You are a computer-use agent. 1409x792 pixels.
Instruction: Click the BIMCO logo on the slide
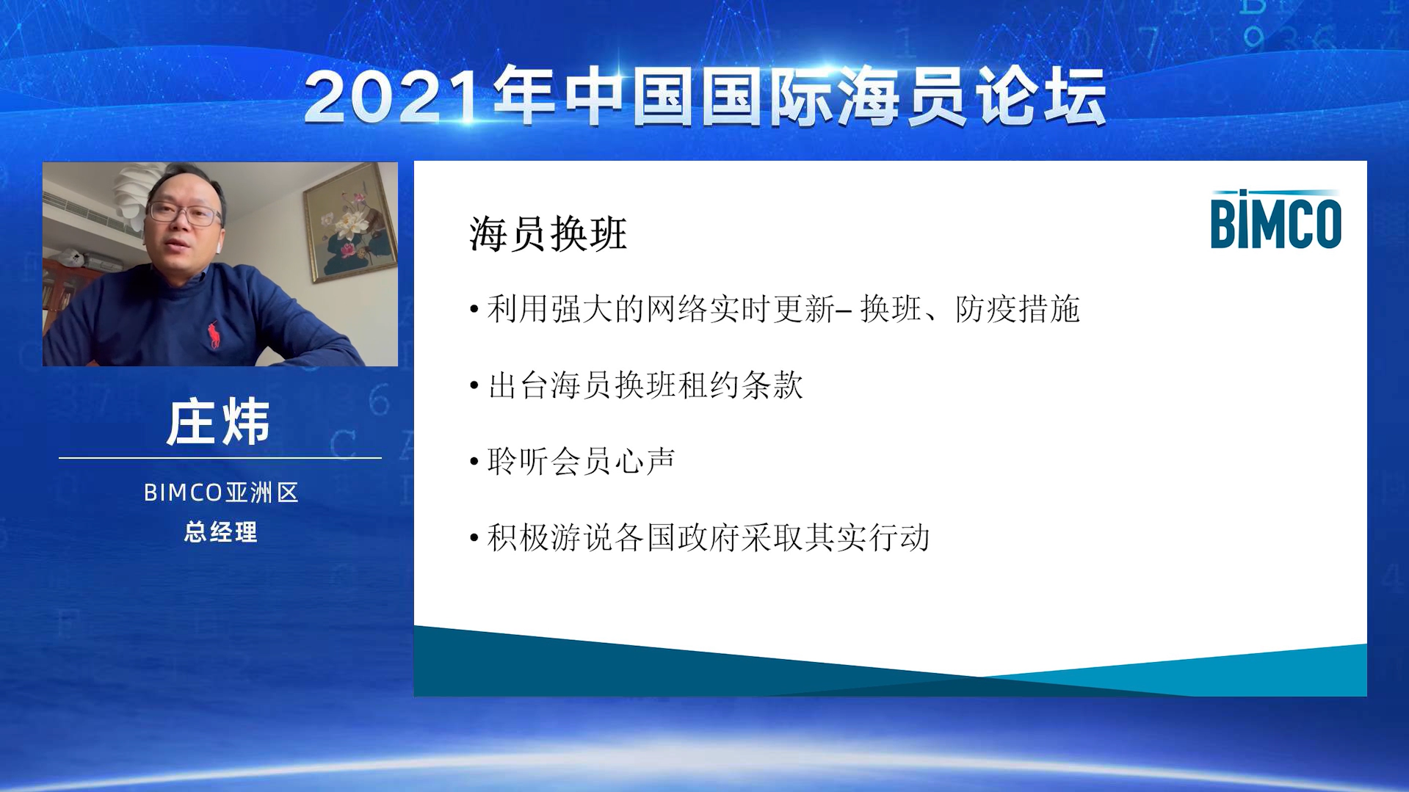point(1275,219)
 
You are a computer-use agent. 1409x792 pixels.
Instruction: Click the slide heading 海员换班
point(548,234)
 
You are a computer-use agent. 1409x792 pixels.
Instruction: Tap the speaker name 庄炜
point(219,422)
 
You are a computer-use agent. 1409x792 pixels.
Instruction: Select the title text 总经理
point(220,532)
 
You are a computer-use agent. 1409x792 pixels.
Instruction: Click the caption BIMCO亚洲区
point(221,493)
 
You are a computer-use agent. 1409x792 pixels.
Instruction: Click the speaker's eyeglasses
point(184,213)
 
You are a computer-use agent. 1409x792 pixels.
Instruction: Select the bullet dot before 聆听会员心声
point(474,462)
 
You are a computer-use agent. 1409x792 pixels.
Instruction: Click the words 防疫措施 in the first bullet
point(1018,309)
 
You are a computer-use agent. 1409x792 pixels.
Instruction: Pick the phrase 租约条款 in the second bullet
point(741,385)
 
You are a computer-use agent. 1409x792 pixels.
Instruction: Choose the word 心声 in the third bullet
point(645,462)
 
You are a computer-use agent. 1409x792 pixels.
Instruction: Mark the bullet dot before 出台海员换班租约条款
point(474,385)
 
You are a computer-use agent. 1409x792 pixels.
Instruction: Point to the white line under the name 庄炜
point(220,458)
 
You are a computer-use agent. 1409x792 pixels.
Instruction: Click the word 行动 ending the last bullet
point(899,538)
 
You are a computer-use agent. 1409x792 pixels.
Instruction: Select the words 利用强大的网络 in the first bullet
point(597,309)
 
